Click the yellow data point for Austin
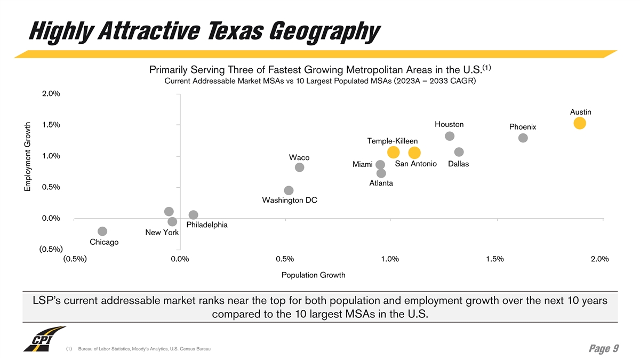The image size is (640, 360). (580, 123)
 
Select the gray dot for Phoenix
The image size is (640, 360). (523, 138)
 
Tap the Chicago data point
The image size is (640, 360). (102, 231)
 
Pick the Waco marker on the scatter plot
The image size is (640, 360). (300, 167)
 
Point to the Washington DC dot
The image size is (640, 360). (289, 190)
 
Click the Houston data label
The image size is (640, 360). (449, 124)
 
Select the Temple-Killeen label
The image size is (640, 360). (393, 141)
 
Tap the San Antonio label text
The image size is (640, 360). (415, 164)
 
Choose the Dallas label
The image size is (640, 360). (459, 164)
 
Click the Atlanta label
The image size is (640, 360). (381, 183)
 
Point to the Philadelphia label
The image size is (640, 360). (207, 225)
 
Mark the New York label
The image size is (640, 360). (162, 233)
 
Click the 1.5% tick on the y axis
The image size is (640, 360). (51, 125)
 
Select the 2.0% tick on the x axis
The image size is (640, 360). (600, 259)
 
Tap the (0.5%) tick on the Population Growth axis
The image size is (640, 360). (75, 259)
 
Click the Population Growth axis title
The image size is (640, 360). (313, 275)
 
